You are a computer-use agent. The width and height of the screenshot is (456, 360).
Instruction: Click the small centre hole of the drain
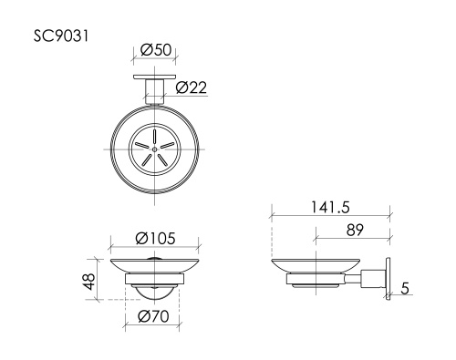(x=156, y=147)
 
